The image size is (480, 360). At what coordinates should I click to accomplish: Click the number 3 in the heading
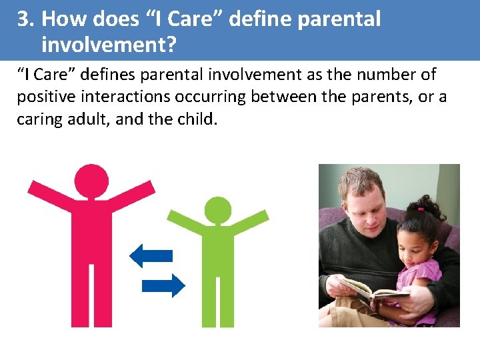click(x=24, y=19)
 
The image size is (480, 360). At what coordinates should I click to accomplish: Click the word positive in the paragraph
click(x=43, y=97)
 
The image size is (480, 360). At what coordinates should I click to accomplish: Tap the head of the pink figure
click(x=91, y=181)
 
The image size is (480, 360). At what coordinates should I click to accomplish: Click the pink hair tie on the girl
click(x=421, y=209)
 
